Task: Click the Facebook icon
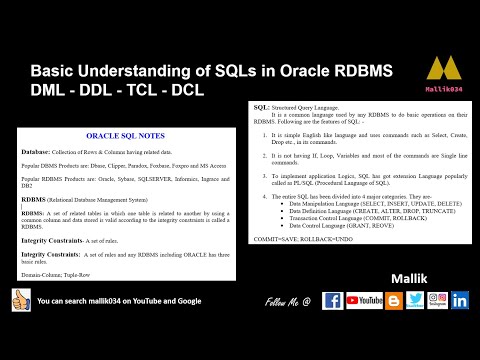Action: point(333,300)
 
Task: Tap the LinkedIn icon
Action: point(461,300)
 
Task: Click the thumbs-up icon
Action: point(19,300)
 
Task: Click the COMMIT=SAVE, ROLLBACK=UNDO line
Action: point(297,243)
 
